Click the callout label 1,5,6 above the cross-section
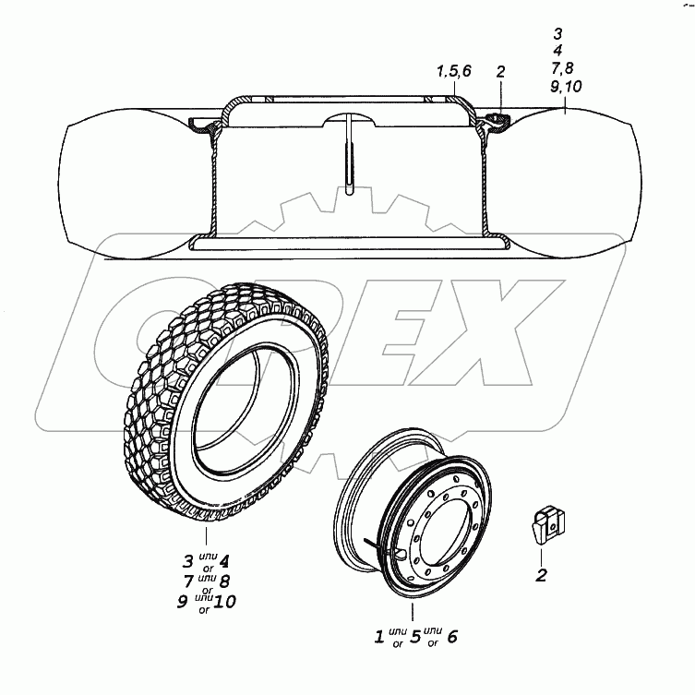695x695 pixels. pos(454,71)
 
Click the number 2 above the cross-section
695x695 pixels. pos(500,72)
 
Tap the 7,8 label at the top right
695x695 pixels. pos(562,67)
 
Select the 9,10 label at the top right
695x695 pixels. pos(566,86)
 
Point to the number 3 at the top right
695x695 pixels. pos(557,33)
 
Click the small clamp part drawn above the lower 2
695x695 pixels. pos(548,524)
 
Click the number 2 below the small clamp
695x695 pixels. pos(541,575)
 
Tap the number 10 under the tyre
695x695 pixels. pos(224,602)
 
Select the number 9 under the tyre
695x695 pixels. pos(182,602)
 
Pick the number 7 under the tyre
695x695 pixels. pos(189,581)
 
